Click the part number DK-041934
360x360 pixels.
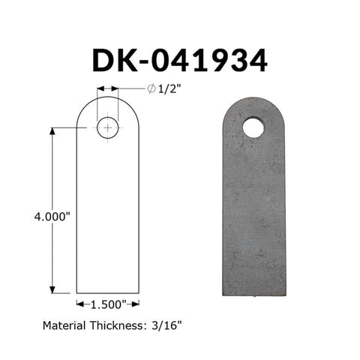pyautogui.click(x=180, y=61)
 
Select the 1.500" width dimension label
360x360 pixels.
pyautogui.click(x=108, y=304)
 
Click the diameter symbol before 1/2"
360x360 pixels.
pyautogui.click(x=151, y=88)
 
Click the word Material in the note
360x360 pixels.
pyautogui.click(x=64, y=325)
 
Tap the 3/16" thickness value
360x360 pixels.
pyautogui.click(x=166, y=325)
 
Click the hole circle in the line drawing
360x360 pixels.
pyautogui.click(x=108, y=117)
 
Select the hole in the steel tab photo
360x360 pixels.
pyautogui.click(x=253, y=127)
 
